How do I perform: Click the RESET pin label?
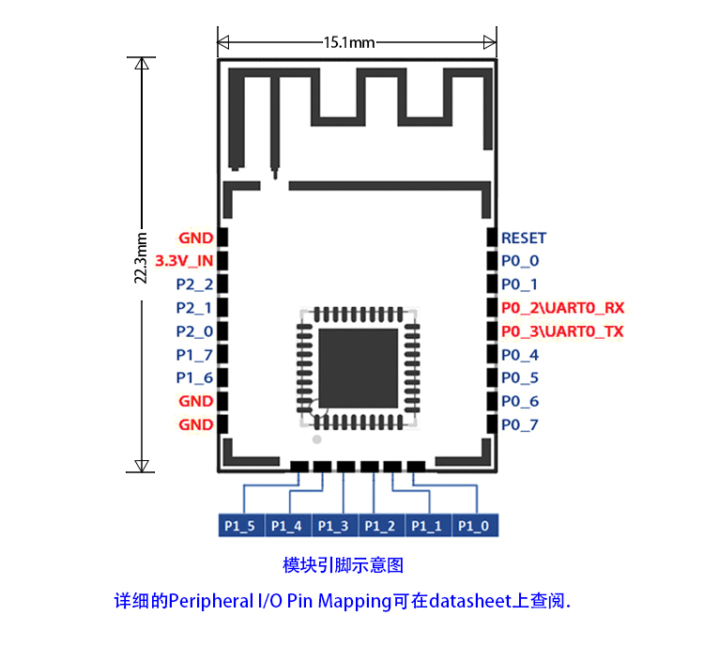pos(523,238)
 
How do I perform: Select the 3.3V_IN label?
pos(184,261)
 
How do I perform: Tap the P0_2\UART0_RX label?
pos(562,308)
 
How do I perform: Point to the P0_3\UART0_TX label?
pos(562,331)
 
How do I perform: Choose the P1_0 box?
pos(474,526)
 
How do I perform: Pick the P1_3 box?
pos(333,526)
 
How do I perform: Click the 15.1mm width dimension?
pos(349,42)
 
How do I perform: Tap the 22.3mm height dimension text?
pos(140,256)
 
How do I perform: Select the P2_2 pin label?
pos(194,284)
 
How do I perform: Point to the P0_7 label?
pos(520,424)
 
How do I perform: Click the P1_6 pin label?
pos(194,377)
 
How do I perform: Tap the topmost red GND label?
pos(195,238)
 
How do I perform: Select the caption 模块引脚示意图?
pos(343,565)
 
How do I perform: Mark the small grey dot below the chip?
pos(317,438)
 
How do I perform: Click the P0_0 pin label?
pos(520,261)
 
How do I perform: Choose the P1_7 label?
pos(194,354)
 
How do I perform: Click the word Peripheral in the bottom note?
pos(210,601)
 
